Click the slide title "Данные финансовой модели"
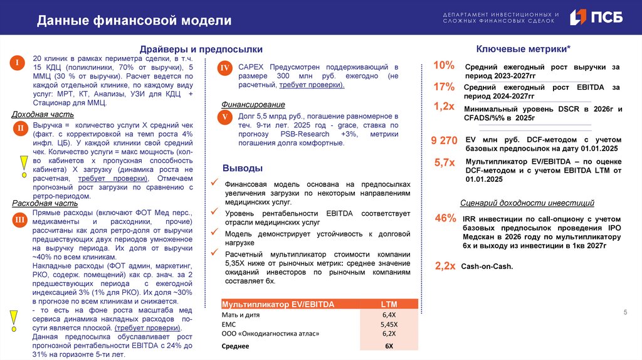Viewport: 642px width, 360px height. pos(134,21)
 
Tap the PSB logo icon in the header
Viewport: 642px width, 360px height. pos(578,18)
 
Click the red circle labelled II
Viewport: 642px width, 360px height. pos(20,129)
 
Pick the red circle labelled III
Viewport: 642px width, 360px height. pos(20,220)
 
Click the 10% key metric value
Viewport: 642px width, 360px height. pos(443,66)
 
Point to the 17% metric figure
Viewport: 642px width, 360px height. pos(443,87)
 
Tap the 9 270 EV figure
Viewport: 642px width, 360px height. pos(444,141)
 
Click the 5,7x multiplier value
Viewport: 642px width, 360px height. pos(444,162)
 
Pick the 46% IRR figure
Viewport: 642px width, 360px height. pos(445,218)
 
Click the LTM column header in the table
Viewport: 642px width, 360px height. pos(389,304)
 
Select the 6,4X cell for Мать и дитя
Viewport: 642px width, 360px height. pos(389,314)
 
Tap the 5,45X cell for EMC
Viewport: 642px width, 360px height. pos(389,324)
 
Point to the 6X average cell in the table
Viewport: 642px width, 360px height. pos(389,346)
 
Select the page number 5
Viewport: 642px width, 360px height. pos(624,312)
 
